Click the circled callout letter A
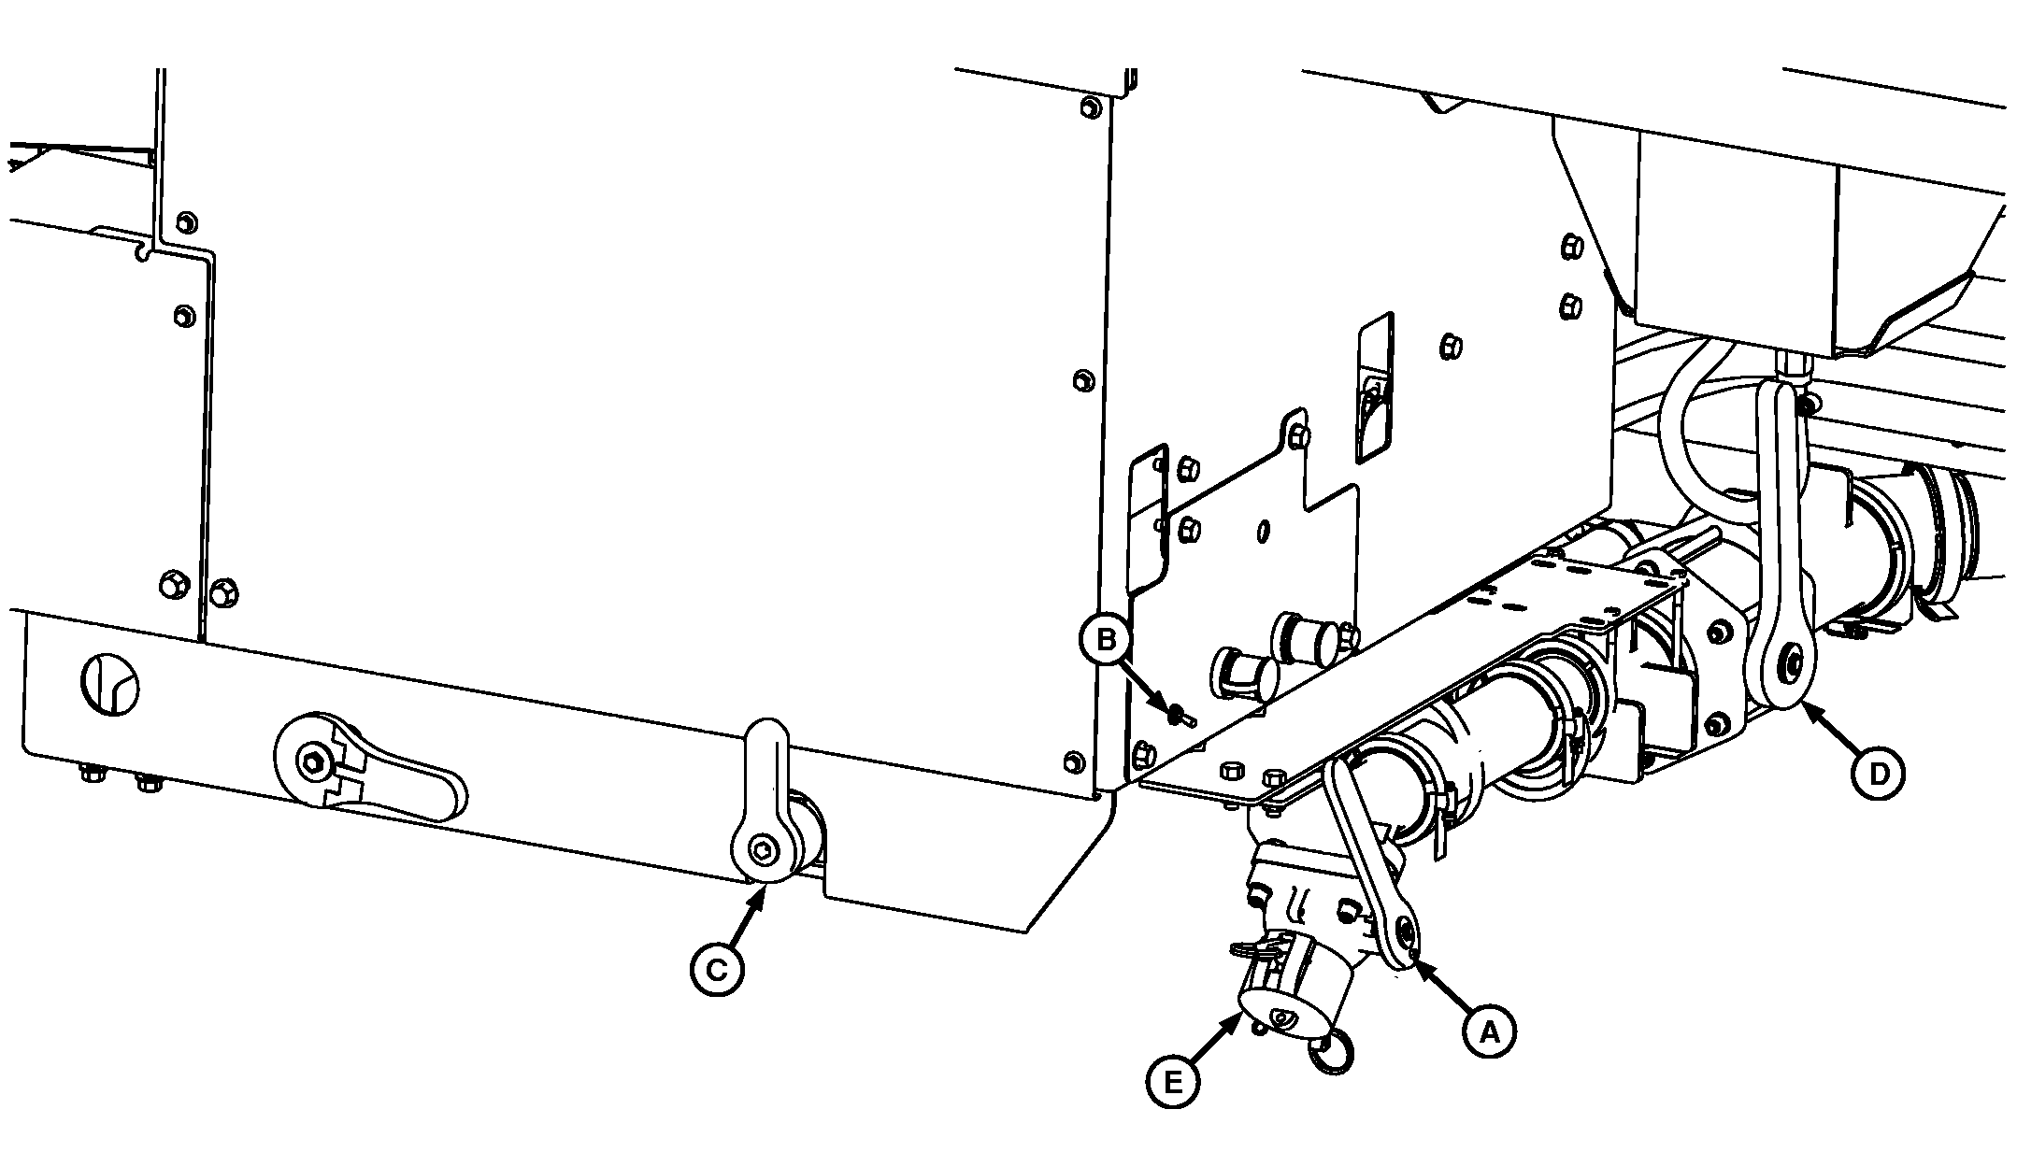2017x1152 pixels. coord(1490,1031)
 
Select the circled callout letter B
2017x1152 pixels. coord(1107,640)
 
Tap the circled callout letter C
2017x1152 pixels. coord(717,971)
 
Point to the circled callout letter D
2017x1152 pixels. coord(1876,772)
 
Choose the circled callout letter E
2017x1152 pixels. coord(1173,1082)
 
